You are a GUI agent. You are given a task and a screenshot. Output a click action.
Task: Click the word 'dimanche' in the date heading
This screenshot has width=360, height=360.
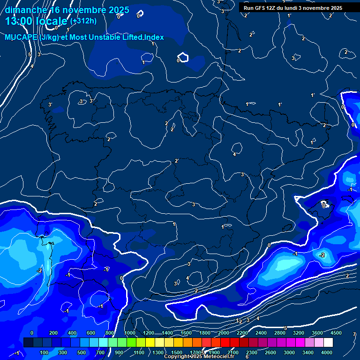click(26, 9)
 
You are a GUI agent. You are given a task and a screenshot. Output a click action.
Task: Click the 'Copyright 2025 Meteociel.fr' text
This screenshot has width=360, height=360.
click(199, 357)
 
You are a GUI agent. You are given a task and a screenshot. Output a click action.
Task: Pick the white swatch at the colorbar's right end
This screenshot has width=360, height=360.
click(328, 343)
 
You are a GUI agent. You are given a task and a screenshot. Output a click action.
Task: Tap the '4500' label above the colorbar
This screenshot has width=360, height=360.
click(336, 333)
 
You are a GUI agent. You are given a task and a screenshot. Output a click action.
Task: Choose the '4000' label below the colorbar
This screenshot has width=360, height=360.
click(327, 352)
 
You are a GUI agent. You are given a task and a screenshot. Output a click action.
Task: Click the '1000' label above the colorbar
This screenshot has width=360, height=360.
click(130, 333)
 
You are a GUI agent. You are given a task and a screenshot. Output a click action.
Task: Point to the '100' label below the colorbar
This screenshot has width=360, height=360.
click(44, 352)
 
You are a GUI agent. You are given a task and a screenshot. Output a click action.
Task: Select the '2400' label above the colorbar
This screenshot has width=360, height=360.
click(261, 333)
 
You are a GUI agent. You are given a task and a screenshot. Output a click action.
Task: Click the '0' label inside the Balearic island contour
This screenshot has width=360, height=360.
click(324, 205)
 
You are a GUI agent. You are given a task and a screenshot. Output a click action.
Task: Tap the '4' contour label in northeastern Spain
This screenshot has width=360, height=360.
click(234, 154)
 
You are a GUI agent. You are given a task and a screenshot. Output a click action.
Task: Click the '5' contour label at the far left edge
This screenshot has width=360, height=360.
click(30, 55)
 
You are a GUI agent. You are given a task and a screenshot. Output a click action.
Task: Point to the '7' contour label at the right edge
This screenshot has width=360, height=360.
click(354, 335)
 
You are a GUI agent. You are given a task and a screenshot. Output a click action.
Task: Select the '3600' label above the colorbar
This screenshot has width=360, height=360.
click(317, 333)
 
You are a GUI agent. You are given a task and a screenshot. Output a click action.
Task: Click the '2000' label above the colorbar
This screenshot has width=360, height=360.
click(224, 333)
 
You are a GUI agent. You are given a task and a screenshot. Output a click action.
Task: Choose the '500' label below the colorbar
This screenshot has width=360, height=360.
click(82, 352)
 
